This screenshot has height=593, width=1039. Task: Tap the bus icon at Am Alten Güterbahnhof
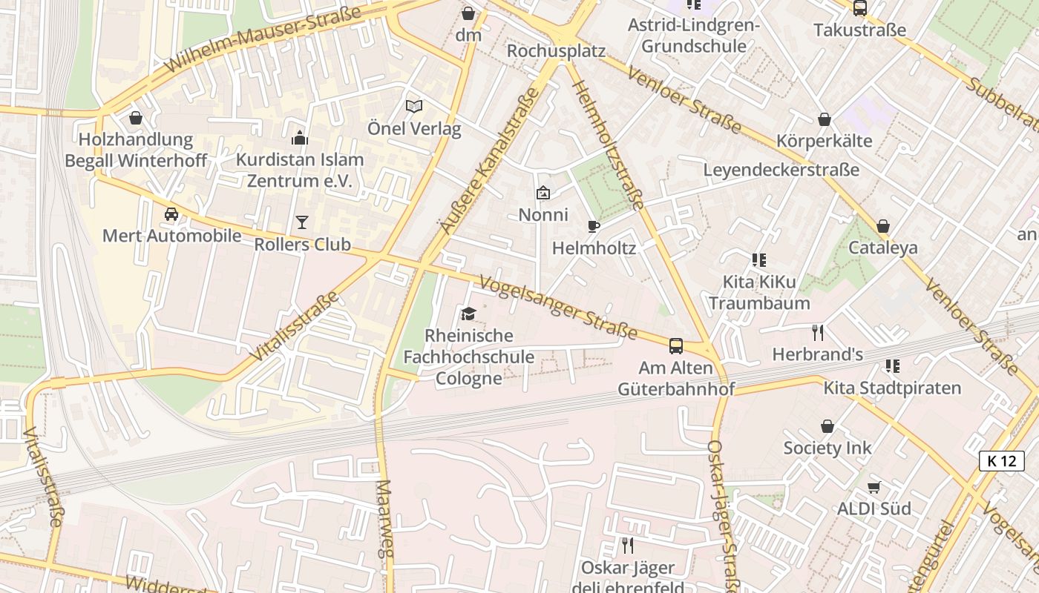676,345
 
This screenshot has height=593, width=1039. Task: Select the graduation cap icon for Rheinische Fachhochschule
468,314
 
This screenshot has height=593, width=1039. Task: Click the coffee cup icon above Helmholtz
593,226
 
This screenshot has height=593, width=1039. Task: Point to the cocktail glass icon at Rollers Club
301,222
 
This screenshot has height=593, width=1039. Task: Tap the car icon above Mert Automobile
171,214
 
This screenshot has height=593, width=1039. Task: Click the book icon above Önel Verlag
413,107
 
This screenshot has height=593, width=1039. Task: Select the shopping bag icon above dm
468,13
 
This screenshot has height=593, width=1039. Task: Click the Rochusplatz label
556,51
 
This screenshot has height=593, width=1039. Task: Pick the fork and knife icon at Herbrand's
818,332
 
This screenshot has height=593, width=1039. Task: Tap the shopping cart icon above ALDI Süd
874,487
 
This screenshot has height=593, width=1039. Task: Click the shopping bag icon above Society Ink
827,426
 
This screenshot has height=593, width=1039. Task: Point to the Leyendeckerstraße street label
781,170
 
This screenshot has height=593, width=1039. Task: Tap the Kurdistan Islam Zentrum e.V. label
300,170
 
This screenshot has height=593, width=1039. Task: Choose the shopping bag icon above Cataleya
883,226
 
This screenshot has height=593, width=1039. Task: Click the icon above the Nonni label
543,193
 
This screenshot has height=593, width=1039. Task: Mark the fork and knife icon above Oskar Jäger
628,546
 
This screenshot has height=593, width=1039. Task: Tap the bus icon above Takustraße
860,8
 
